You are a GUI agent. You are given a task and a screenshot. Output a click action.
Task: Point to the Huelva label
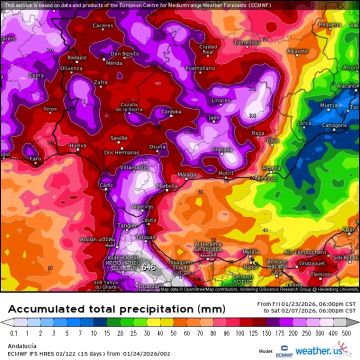(76, 146)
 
